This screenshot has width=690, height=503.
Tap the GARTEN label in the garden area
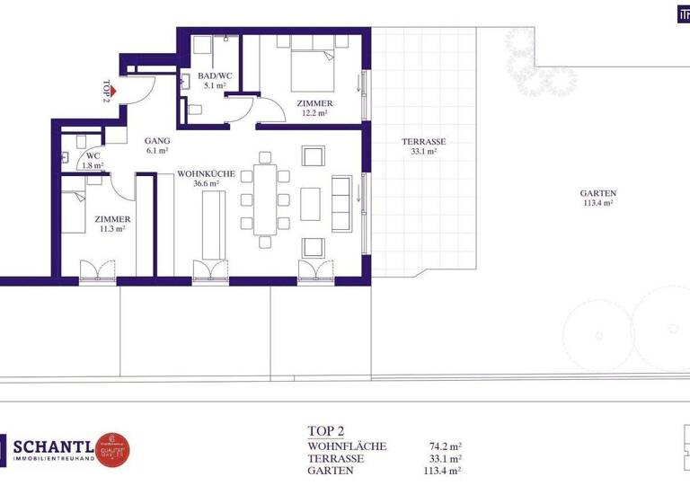(x=597, y=193)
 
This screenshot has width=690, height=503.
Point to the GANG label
(x=157, y=141)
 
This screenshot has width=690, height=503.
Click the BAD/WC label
(x=213, y=75)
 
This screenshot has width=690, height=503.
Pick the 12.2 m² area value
(x=313, y=114)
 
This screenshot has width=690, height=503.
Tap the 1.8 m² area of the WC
(x=93, y=165)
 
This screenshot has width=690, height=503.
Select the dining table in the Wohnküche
(x=265, y=199)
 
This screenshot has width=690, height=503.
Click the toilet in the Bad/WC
(x=194, y=111)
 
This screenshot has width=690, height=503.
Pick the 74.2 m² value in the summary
(x=446, y=446)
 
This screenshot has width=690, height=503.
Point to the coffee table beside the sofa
(x=310, y=202)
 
